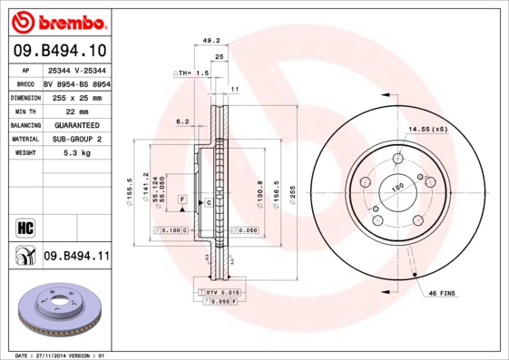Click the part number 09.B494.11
pyautogui.click(x=76, y=257)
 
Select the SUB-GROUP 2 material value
pyautogui.click(x=75, y=139)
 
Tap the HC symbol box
pyautogui.click(x=24, y=226)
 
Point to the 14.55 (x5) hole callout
pyautogui.click(x=426, y=130)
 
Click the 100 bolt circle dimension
pyautogui.click(x=396, y=188)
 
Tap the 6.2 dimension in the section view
pyautogui.click(x=182, y=121)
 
